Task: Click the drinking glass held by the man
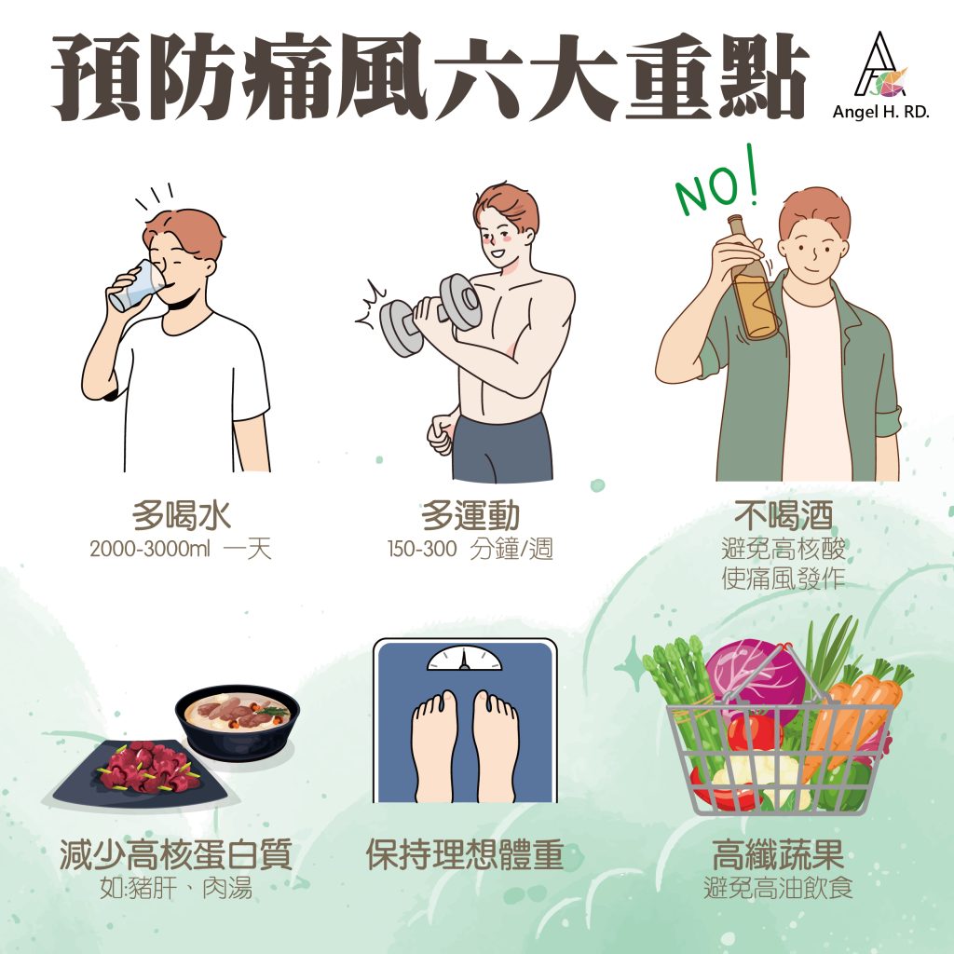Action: [x=139, y=286]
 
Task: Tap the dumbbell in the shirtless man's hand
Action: [x=430, y=315]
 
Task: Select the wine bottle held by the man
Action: [x=752, y=277]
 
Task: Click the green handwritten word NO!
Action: [x=718, y=184]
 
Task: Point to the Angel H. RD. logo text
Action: [x=880, y=112]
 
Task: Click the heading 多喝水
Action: [x=182, y=515]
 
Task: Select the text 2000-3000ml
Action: [x=150, y=549]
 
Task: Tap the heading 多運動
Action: [x=470, y=515]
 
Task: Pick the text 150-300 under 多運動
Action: [x=422, y=549]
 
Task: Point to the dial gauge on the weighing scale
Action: [x=465, y=658]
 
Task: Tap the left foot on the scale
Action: [x=434, y=744]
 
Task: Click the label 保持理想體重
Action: [x=465, y=854]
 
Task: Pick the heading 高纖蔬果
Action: [x=778, y=854]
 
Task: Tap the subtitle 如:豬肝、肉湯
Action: [x=176, y=888]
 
